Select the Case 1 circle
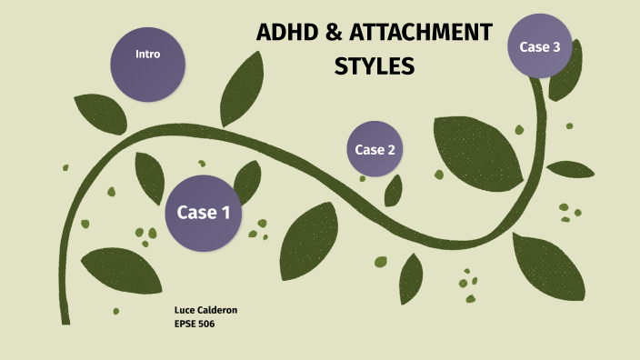click(x=203, y=213)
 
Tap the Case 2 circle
click(x=375, y=149)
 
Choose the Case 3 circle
click(x=540, y=45)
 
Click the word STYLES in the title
click(x=375, y=66)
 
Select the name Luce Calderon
click(x=205, y=310)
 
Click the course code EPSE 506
click(x=194, y=323)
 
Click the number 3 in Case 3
click(x=555, y=46)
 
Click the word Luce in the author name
click(x=184, y=310)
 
